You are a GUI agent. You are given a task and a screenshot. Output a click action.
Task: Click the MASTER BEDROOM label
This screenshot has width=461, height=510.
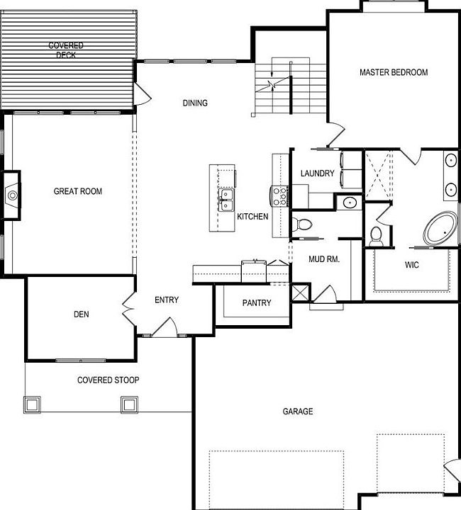[x=394, y=72]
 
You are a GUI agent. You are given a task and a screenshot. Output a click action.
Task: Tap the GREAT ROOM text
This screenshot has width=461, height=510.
[x=78, y=191]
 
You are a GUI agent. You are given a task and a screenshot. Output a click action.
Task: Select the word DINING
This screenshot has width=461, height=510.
[x=195, y=103]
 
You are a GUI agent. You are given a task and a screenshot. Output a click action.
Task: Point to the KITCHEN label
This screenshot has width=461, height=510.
[x=252, y=217]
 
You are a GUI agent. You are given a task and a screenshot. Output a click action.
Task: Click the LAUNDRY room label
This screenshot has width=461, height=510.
[x=318, y=174]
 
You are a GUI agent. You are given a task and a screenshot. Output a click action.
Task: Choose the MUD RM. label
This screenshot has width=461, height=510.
[x=324, y=259]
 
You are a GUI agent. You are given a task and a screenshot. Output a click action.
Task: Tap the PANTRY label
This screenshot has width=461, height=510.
[x=257, y=303]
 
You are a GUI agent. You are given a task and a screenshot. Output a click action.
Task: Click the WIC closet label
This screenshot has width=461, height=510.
[x=412, y=265]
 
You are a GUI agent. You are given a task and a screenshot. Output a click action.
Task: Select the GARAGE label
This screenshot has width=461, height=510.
[x=298, y=412]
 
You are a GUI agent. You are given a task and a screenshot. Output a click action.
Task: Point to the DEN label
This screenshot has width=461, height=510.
[x=82, y=314]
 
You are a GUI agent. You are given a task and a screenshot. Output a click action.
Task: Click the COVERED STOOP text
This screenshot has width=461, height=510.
[x=108, y=380]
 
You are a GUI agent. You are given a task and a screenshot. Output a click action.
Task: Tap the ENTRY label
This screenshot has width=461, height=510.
[x=167, y=300]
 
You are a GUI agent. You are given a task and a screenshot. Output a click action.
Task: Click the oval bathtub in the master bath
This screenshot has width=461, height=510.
[x=440, y=228]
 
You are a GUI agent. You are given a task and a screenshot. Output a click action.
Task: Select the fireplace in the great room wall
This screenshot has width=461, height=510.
[x=12, y=195]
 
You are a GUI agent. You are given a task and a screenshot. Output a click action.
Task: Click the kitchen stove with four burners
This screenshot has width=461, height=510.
[x=279, y=195]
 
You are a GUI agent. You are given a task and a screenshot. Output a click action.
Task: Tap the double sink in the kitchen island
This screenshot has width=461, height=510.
[x=226, y=200]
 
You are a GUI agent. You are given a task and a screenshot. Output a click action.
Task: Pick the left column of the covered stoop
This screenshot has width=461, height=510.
[x=32, y=404]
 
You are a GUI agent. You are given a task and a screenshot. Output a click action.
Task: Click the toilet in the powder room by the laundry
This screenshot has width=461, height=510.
[x=302, y=224]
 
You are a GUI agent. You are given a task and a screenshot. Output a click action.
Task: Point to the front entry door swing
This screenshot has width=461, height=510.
[x=165, y=327]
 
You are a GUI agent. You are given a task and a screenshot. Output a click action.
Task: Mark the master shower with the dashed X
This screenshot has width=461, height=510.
[x=377, y=175]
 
